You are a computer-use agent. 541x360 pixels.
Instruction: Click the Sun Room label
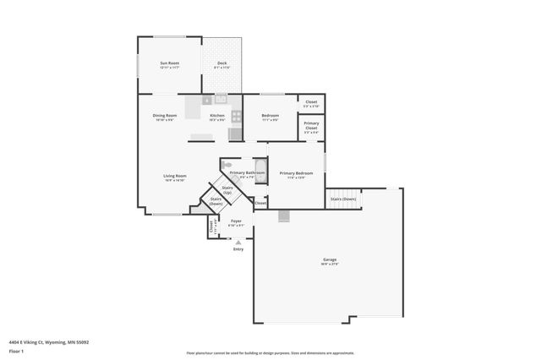[170, 63]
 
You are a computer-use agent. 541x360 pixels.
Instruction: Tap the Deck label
[221, 63]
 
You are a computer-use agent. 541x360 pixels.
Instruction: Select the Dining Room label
[165, 116]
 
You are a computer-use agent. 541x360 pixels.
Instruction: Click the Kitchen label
[217, 116]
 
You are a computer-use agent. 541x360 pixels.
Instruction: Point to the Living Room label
[175, 177]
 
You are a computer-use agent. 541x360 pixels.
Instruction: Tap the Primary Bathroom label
[248, 173]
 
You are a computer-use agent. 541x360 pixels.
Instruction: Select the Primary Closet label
[311, 128]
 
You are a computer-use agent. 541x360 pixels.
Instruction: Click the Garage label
[329, 260]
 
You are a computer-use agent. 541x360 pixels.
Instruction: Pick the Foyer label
[237, 221]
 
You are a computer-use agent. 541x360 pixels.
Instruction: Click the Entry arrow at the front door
[238, 243]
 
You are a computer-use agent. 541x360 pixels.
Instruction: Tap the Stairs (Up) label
[227, 189]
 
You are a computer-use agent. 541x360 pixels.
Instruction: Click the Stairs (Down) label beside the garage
[343, 199]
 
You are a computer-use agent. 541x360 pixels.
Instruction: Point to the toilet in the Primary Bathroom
[227, 165]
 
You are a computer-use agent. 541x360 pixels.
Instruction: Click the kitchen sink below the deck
[221, 99]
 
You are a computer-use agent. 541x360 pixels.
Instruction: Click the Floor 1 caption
[16, 350]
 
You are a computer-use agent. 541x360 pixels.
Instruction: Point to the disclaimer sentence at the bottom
[270, 353]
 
